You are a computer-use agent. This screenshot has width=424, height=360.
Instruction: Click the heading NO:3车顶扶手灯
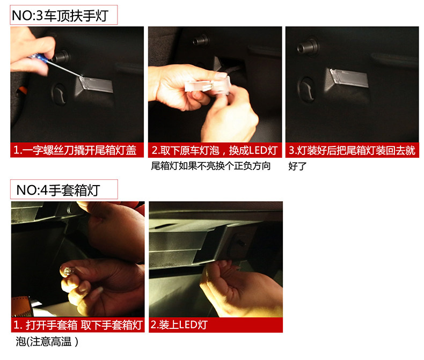60,16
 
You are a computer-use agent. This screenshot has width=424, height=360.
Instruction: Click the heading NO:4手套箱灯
58,190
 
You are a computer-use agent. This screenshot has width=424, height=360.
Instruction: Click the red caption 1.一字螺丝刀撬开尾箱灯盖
75,150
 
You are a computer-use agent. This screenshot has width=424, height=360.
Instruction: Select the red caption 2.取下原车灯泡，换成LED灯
215,150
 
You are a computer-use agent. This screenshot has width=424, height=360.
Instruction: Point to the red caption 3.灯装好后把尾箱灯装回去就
352,150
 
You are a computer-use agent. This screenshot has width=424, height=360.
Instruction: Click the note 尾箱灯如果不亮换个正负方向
210,166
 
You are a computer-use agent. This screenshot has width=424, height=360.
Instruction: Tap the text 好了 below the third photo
297,166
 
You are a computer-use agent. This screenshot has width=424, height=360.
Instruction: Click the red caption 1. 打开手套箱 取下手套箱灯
78,325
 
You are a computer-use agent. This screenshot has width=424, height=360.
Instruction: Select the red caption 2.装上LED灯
179,325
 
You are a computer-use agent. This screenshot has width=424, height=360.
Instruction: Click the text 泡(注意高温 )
47,342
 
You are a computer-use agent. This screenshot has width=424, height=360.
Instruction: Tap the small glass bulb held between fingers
67,270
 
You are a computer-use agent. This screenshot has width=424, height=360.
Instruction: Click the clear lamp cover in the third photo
349,78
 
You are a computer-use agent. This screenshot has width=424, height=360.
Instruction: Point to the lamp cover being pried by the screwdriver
96,84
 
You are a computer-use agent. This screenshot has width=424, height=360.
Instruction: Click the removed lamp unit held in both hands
208,86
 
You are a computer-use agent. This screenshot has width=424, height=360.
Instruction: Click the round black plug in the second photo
200,41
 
